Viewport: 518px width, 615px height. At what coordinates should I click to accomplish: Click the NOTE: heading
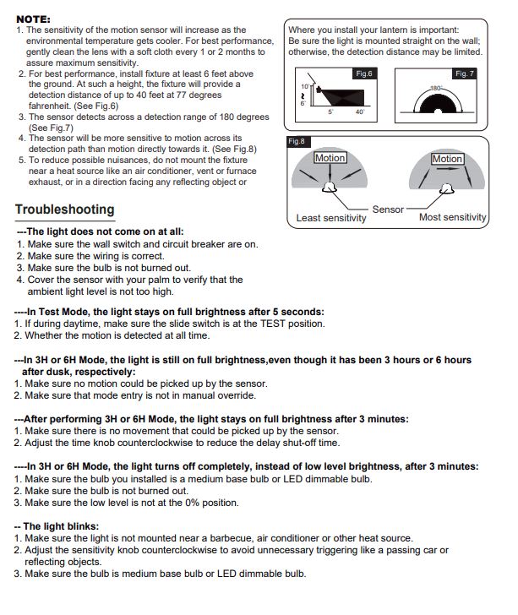33,19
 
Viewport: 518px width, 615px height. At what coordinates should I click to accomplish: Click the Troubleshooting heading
65,210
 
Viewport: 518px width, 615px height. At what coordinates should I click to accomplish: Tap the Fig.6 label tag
364,73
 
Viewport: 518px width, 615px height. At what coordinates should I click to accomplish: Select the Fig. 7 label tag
464,73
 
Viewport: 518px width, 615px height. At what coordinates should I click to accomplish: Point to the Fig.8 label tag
297,141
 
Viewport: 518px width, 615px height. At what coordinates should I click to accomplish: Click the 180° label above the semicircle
436,88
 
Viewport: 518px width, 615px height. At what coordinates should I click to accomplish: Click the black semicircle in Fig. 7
438,104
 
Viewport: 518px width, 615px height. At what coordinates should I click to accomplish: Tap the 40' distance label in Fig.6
360,112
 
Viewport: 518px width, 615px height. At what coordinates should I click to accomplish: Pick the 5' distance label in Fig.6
330,112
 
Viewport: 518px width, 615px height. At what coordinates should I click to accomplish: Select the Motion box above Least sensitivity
330,158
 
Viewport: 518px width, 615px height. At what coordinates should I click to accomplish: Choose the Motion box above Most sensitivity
447,159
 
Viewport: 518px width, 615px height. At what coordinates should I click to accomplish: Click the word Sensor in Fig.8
388,210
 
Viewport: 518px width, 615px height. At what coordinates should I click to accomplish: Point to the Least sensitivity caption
331,218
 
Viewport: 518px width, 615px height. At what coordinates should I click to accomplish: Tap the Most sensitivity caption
452,217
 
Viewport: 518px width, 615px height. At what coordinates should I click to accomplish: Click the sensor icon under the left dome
330,188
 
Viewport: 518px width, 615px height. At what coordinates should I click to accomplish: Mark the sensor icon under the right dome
446,188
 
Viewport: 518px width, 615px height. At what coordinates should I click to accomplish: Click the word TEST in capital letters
273,324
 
